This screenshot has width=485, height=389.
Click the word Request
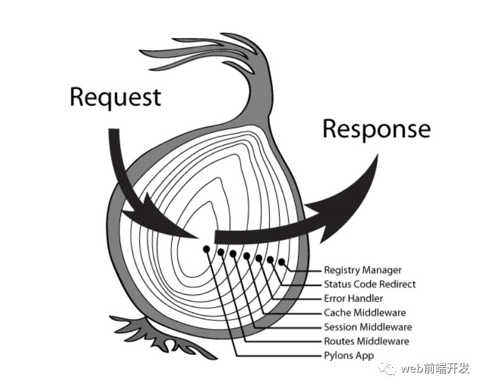pyautogui.click(x=115, y=98)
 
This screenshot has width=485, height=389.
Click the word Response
pyautogui.click(x=376, y=129)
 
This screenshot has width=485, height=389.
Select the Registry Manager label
pyautogui.click(x=362, y=270)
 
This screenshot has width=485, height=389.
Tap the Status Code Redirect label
pyautogui.click(x=370, y=284)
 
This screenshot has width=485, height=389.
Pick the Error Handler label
pyautogui.click(x=353, y=299)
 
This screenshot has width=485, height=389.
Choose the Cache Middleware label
pyautogui.click(x=365, y=313)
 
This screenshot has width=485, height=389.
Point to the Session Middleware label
pyautogui.click(x=367, y=327)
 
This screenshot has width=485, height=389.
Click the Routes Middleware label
pyautogui.click(x=366, y=341)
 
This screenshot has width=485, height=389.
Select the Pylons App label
pyautogui.click(x=349, y=356)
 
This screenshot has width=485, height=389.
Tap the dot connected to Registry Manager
pyautogui.click(x=282, y=262)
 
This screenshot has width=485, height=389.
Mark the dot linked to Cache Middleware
pyautogui.click(x=247, y=256)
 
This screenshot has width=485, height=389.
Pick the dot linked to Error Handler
pyautogui.click(x=260, y=259)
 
